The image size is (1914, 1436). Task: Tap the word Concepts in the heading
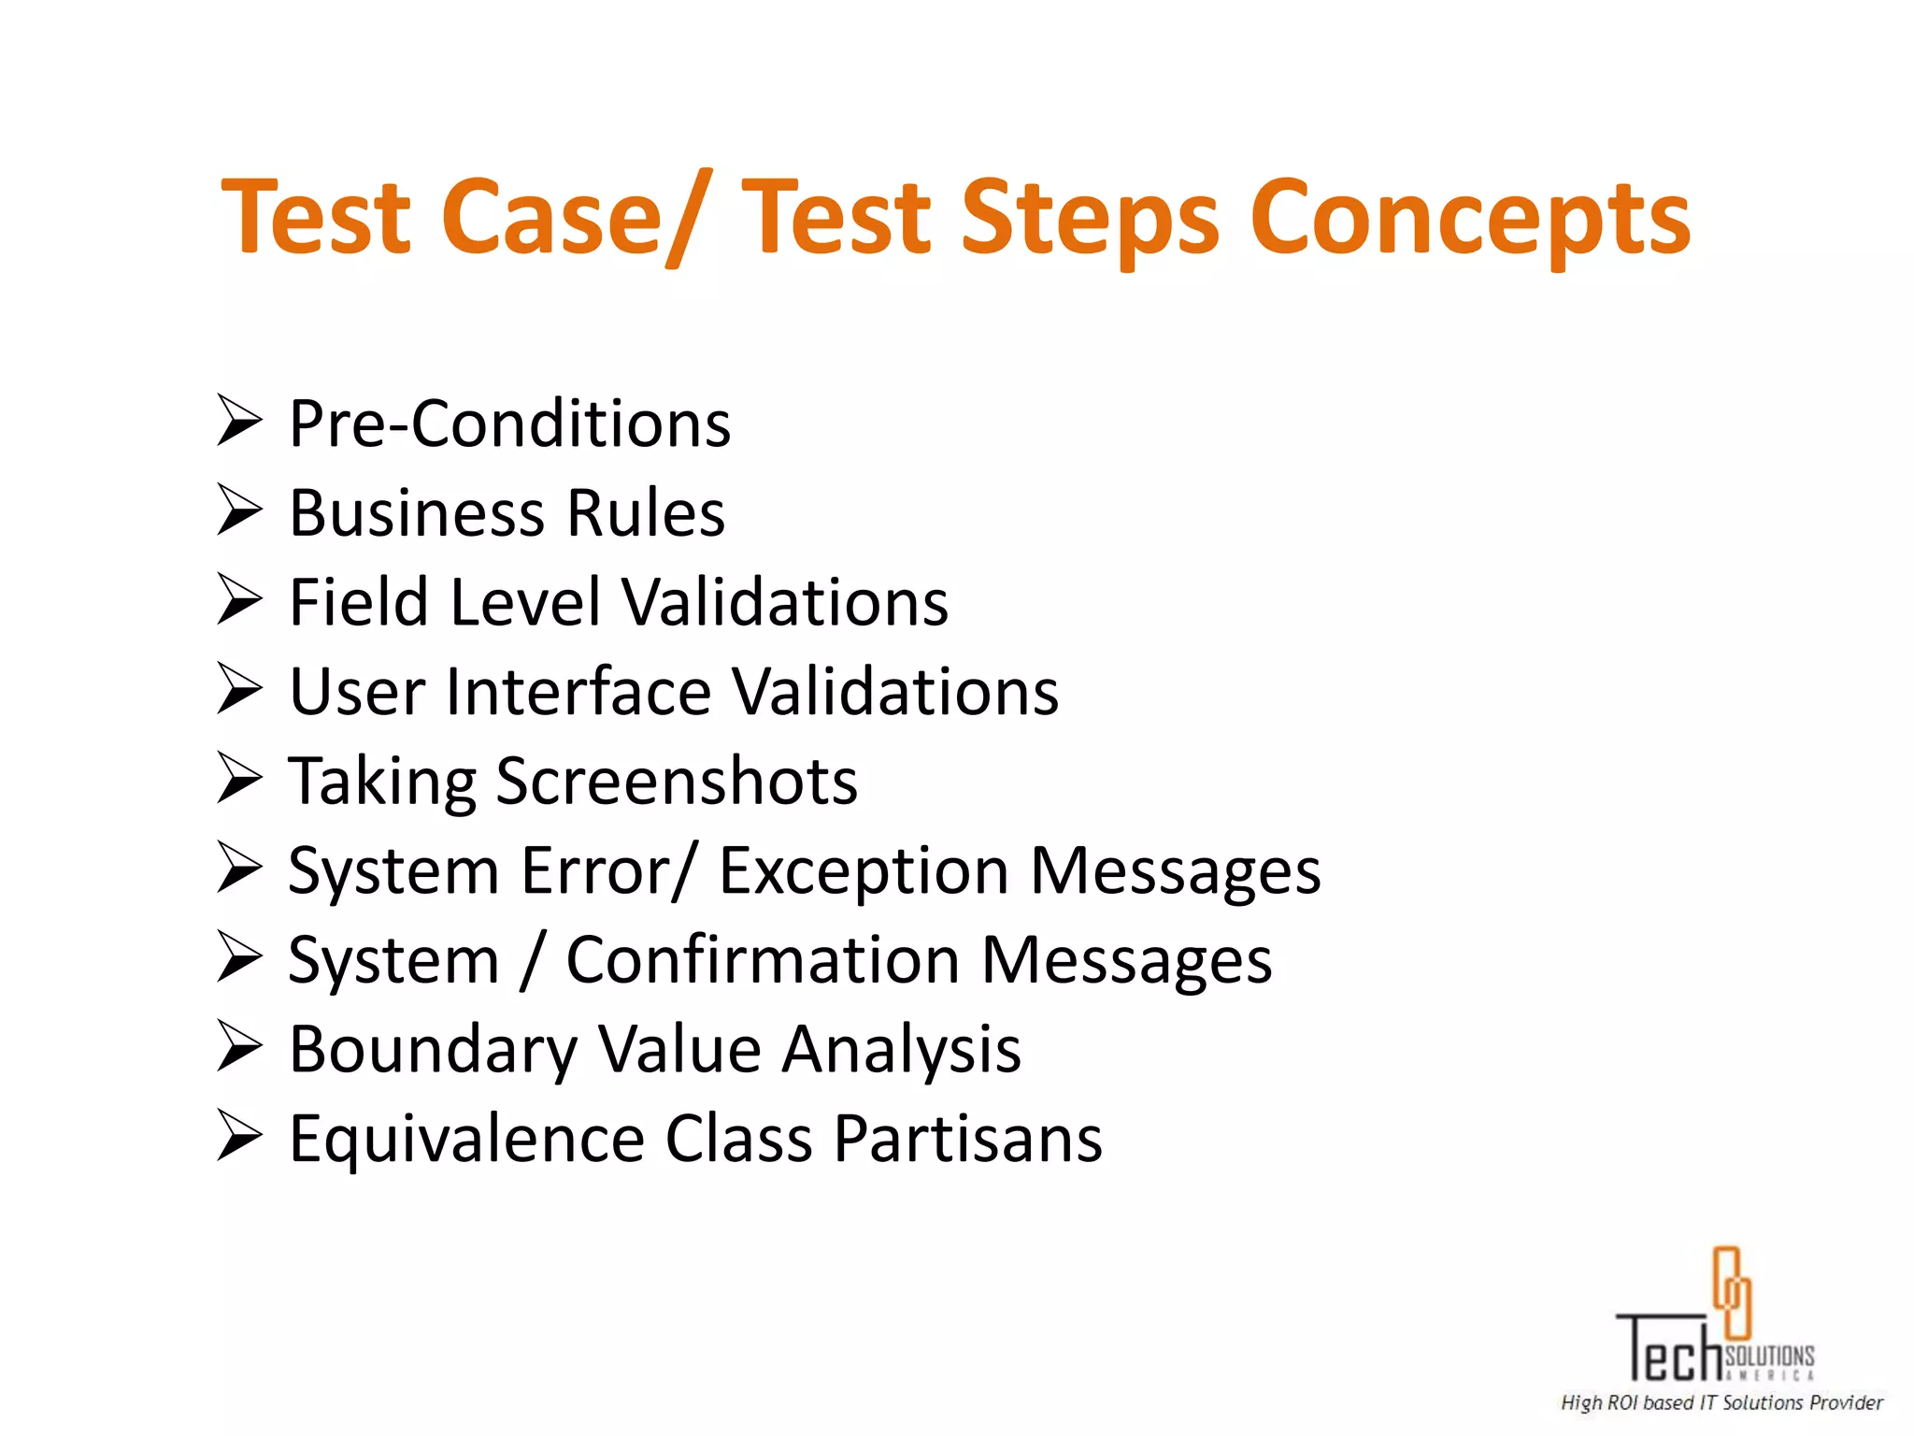coord(1470,220)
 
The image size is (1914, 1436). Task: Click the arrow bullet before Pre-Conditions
coord(239,422)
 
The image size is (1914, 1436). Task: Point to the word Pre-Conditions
coord(509,424)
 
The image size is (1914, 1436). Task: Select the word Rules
coord(646,513)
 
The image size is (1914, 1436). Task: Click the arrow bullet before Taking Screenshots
coord(239,778)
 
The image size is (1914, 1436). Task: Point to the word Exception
coord(864,871)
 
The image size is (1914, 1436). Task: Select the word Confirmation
coord(763,960)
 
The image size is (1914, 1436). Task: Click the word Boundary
coord(433,1050)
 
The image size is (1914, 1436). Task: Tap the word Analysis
coord(901,1050)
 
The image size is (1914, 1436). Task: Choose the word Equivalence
coord(466,1140)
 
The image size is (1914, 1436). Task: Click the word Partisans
coord(967,1140)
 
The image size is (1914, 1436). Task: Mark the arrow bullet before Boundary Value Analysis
coord(239,1046)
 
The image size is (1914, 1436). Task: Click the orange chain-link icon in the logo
coord(1731,1292)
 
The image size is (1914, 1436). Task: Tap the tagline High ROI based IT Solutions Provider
coord(1721,1402)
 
